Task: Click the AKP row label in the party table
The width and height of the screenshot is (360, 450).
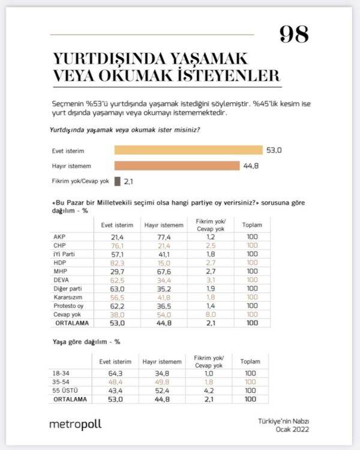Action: coord(59,238)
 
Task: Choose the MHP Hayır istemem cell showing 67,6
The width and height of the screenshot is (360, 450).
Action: coord(155,272)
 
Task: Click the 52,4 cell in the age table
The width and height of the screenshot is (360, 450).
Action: coord(155,390)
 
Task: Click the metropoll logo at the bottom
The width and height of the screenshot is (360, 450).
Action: coord(75,424)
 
